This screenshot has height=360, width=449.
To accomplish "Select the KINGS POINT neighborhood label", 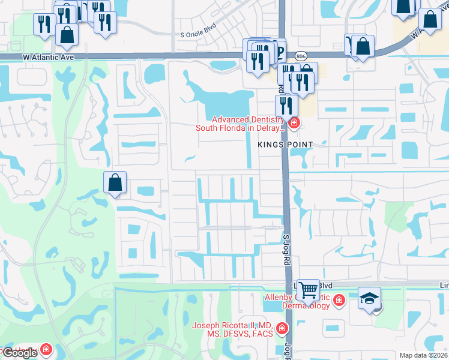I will (285, 145).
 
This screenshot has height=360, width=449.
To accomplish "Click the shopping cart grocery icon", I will (308, 290).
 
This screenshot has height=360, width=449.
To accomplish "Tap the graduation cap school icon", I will (369, 298).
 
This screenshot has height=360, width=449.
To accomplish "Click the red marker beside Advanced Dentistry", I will (294, 124).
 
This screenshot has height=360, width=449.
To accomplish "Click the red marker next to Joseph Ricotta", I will (282, 329).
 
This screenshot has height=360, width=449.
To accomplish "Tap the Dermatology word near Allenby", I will (306, 305).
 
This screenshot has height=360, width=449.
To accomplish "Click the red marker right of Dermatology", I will (339, 300).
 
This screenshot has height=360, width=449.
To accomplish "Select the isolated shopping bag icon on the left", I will (115, 183).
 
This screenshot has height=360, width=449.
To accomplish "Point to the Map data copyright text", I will (424, 355).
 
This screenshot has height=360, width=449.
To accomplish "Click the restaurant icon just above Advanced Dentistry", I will (286, 106).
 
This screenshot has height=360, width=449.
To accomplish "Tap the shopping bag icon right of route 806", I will (363, 46).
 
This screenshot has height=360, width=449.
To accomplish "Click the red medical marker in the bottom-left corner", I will (46, 349).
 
